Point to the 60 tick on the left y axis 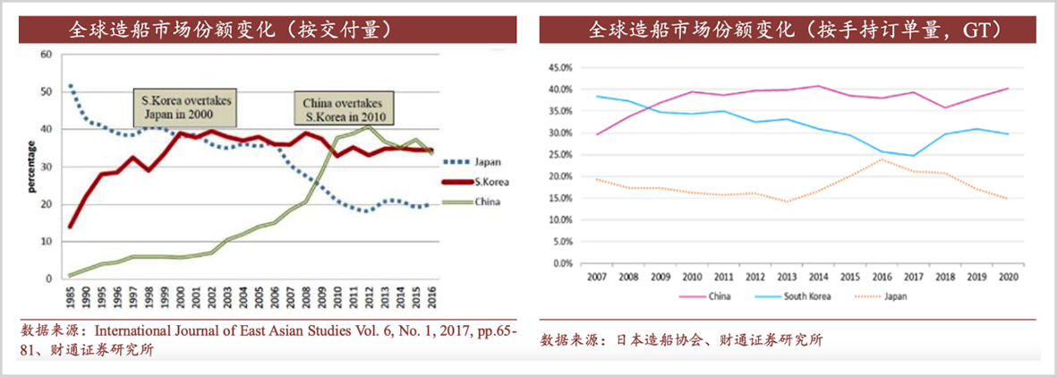[x=46, y=55]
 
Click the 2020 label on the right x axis [x=1008, y=278]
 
